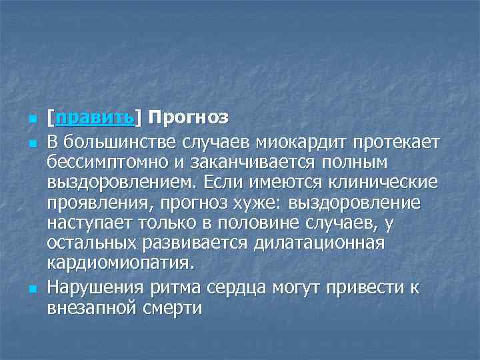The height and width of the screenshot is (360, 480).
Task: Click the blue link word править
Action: coord(95,119)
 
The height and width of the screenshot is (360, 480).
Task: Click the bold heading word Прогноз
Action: coord(189,119)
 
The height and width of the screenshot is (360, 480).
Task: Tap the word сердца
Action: coord(246,287)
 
